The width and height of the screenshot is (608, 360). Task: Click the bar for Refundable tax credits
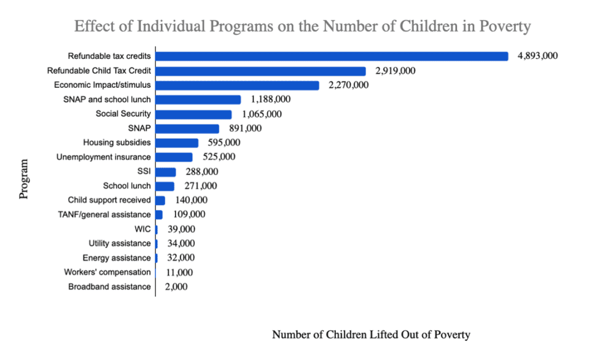332,57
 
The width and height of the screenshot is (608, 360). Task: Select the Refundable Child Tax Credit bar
260,71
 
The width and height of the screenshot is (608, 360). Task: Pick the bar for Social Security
193,114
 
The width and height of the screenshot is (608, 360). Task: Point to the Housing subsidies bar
177,143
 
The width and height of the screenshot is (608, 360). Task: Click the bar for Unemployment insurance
174,157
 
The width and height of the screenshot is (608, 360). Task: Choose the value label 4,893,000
537,56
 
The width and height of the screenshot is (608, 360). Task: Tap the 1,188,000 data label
270,99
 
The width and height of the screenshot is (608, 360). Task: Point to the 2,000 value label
176,287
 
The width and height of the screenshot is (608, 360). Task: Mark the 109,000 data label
186,214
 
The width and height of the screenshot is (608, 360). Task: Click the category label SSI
144,171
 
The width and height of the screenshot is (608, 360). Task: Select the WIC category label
142,229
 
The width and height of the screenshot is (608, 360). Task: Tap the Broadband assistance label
109,287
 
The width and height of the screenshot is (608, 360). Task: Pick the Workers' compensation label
107,272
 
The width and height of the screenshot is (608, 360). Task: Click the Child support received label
109,200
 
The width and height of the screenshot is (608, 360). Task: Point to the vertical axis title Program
25,179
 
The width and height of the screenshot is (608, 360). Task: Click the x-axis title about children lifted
371,334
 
